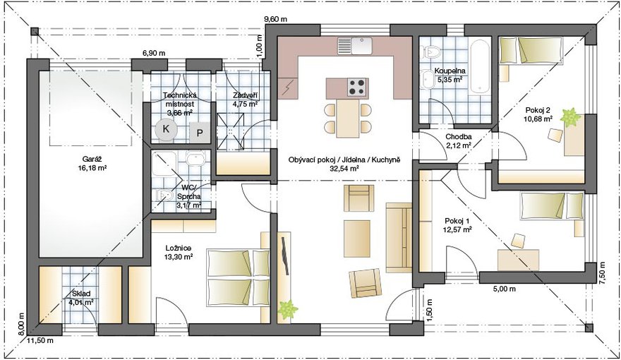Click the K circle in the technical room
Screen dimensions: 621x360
click(166, 128)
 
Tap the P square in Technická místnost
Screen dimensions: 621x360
click(200, 133)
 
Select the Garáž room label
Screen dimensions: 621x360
click(92, 160)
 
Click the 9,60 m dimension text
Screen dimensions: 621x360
click(275, 19)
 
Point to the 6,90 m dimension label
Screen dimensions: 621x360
click(155, 54)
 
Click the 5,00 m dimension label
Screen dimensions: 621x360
click(504, 289)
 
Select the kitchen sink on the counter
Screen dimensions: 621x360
click(355, 46)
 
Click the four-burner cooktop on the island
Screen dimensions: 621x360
click(356, 87)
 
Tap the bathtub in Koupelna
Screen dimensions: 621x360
click(480, 66)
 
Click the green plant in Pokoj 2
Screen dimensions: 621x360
click(570, 117)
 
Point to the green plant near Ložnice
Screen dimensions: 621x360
click(287, 310)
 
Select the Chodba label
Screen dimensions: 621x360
click(458, 138)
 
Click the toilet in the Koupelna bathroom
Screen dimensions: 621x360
click(429, 51)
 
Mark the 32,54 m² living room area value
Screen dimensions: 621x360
click(344, 168)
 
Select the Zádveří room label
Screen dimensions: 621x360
click(246, 95)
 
